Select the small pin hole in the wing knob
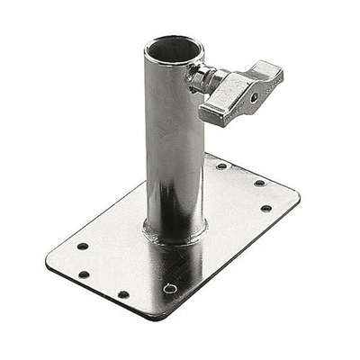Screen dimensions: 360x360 (255, 96)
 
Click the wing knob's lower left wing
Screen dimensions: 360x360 (214, 112)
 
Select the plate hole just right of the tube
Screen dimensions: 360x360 (221, 166)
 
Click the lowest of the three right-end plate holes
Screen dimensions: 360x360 (265, 208)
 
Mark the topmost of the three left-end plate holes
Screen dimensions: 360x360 (83, 246)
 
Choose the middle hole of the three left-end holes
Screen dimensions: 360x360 (84, 274)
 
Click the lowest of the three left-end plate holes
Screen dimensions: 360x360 (123, 294)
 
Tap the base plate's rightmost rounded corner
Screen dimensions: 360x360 (297, 196)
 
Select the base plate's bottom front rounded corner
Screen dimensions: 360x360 (153, 315)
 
